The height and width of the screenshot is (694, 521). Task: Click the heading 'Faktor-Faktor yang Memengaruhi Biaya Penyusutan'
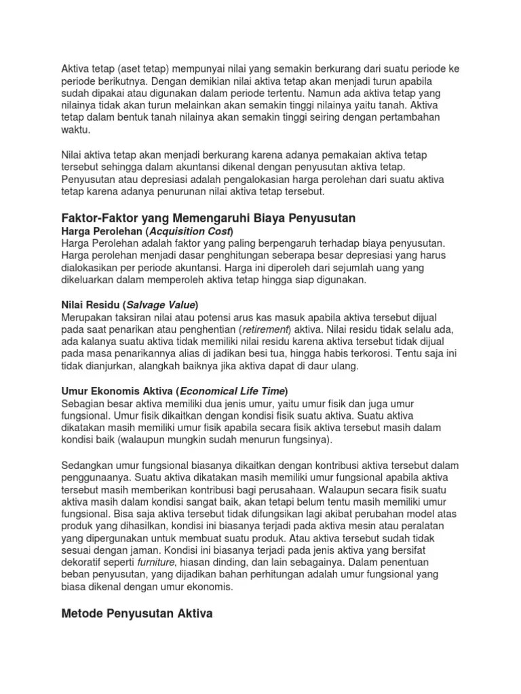pos(208,218)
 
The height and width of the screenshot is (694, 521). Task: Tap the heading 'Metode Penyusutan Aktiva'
pos(137,614)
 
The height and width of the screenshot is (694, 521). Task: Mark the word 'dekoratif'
pos(85,563)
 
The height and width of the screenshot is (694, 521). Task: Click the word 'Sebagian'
pos(82,403)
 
